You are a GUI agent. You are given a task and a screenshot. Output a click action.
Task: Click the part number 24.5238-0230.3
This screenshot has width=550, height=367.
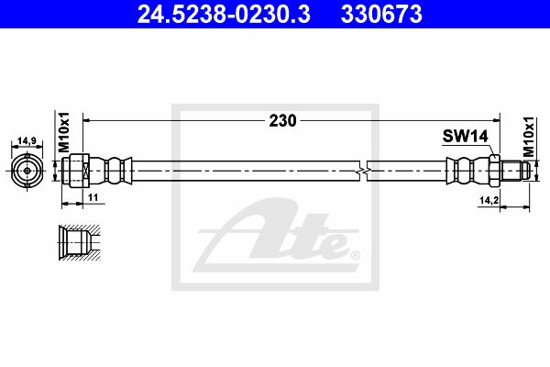coord(224,14)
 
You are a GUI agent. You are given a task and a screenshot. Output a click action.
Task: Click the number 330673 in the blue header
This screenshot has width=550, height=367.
coord(381,14)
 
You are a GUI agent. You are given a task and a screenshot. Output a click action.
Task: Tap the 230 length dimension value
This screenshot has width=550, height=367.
coord(282,120)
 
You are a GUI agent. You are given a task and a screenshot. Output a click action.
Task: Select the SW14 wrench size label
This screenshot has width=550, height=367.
coord(465,136)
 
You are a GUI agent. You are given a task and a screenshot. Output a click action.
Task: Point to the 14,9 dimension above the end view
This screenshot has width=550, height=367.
coord(27,140)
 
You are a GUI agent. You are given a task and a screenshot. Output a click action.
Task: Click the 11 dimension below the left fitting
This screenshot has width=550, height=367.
coord(93,198)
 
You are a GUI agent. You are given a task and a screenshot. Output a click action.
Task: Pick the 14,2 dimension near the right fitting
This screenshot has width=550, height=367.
coord(489,200)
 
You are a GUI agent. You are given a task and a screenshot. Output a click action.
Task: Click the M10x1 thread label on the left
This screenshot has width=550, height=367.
coord(64,132)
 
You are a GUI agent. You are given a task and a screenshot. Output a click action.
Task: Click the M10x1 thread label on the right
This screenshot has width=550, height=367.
coord(529,137)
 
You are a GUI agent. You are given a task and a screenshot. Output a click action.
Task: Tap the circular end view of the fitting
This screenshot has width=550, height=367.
coord(27,171)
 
